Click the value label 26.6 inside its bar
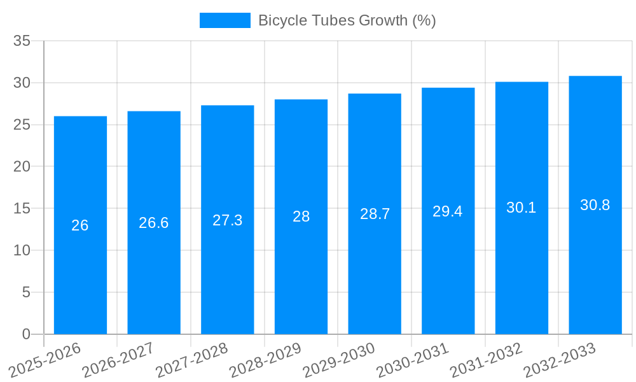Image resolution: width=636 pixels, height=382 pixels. (x=154, y=223)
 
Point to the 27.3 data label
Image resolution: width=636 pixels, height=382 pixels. (x=227, y=220)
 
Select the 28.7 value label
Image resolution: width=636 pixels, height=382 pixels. (x=375, y=214)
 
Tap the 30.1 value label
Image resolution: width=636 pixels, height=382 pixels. (x=522, y=208)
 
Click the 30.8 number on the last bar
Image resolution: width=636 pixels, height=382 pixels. (x=595, y=205)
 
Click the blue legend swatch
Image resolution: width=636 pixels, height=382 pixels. (x=225, y=20)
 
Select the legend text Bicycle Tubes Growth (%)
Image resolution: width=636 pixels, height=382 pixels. (x=347, y=20)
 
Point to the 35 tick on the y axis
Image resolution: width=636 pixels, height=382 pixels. (x=22, y=41)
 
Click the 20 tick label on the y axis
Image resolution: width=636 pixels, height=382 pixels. (x=22, y=167)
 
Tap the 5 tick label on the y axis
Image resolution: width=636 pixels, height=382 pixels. (x=26, y=292)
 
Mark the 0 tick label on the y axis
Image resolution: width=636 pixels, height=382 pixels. (x=26, y=334)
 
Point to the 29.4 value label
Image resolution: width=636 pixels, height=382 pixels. (x=448, y=211)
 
